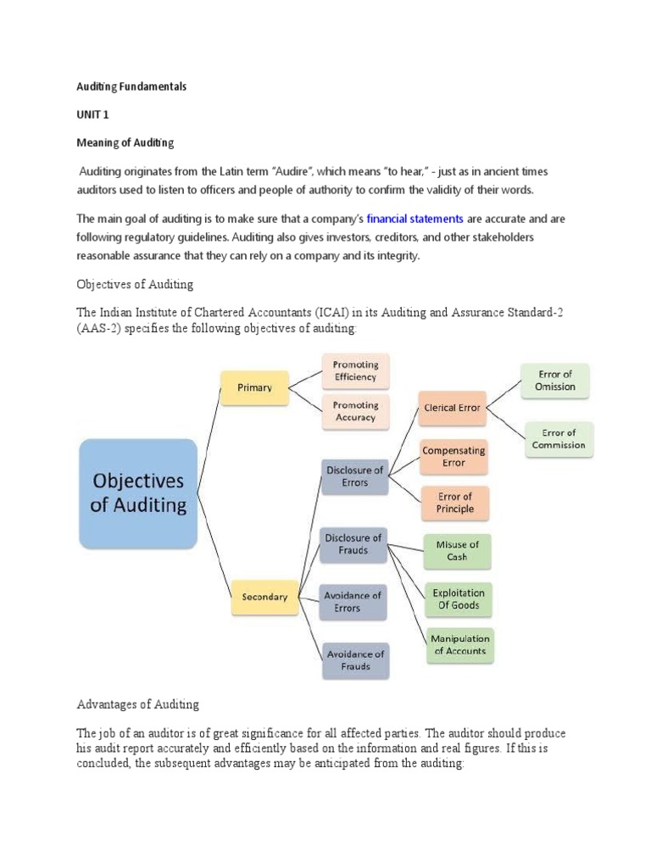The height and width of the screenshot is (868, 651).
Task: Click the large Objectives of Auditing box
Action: (138, 493)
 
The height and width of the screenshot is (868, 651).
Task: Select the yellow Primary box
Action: (254, 387)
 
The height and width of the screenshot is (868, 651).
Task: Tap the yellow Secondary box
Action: (264, 597)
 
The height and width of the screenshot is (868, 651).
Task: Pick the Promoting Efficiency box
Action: (355, 371)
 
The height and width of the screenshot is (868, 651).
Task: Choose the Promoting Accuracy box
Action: (355, 411)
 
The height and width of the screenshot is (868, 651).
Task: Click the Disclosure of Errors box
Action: (355, 476)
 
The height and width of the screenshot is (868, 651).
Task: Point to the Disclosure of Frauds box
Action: (353, 544)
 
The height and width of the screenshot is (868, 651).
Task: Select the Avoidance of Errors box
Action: (353, 602)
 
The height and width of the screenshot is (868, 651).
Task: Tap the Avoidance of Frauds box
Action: (355, 660)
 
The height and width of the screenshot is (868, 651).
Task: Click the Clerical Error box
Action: (453, 408)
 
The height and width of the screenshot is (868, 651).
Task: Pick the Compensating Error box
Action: (454, 457)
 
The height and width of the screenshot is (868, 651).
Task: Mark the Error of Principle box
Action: (455, 503)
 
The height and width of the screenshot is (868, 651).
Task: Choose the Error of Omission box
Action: (555, 381)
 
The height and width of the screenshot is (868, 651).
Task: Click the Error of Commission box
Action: (559, 439)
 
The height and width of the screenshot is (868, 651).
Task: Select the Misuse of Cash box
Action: (457, 551)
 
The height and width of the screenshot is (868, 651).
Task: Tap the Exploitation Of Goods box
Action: (459, 599)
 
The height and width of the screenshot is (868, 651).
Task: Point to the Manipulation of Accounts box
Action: (460, 645)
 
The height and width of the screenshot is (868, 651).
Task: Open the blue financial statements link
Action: (415, 219)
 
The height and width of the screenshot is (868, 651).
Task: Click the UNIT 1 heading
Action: (92, 114)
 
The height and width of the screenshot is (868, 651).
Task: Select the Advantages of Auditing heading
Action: (138, 704)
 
